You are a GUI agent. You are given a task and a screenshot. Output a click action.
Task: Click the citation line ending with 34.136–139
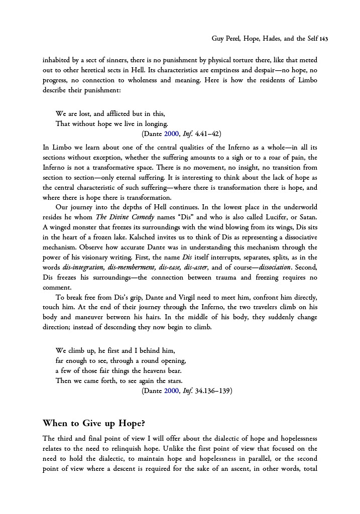(187, 390)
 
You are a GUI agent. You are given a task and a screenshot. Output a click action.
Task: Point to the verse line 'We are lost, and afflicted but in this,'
(110, 113)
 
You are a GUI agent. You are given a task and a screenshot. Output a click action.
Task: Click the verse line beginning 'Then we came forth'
(119, 380)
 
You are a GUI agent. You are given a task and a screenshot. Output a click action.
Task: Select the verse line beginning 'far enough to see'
(121, 360)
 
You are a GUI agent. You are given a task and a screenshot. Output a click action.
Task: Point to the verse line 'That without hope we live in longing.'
(112, 123)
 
